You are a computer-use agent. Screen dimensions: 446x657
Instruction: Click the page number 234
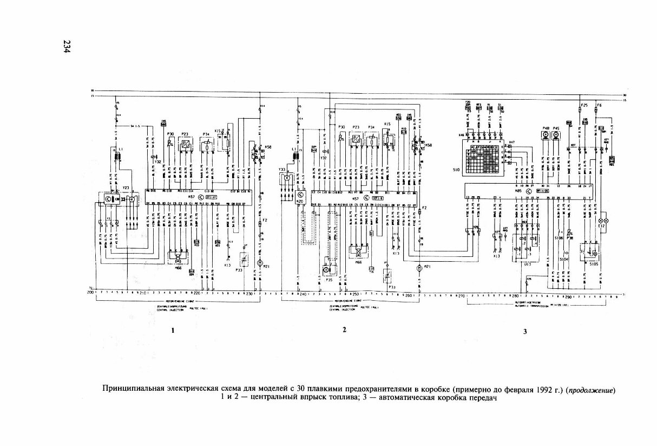67,47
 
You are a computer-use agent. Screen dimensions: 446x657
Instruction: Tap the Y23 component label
126,188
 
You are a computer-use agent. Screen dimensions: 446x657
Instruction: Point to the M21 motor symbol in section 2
419,268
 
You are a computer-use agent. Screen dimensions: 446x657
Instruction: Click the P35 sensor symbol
326,269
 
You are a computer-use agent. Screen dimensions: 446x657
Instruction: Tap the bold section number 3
524,332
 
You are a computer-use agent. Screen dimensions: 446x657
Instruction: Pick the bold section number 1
172,330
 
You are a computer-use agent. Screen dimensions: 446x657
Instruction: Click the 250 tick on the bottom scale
355,295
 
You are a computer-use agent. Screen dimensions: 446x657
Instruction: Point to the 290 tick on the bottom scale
568,297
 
